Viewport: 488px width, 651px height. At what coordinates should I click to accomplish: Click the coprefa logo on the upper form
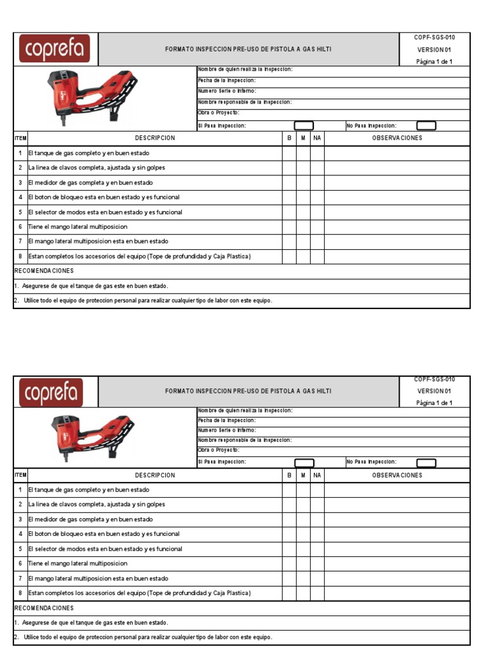(55, 49)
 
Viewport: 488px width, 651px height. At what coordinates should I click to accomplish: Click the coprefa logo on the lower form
(55, 392)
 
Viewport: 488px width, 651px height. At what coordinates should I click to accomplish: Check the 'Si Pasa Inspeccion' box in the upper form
(304, 126)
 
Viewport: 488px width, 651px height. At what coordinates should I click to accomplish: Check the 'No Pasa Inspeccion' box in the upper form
(426, 126)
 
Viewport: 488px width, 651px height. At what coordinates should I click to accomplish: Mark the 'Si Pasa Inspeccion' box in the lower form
(304, 463)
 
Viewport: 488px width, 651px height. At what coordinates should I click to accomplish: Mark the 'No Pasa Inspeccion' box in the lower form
(426, 463)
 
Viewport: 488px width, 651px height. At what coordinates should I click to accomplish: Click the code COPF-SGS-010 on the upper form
(434, 38)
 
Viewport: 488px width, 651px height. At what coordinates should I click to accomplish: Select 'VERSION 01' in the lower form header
(434, 391)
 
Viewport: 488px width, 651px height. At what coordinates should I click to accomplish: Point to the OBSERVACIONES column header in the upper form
(396, 138)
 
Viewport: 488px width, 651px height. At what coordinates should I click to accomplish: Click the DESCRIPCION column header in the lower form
(155, 475)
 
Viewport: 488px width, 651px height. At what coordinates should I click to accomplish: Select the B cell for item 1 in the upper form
(289, 153)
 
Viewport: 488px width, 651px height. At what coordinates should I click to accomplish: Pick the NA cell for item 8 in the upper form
(317, 256)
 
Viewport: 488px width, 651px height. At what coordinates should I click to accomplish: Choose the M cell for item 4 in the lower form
(303, 534)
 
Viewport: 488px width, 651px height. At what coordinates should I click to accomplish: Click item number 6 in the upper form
(20, 227)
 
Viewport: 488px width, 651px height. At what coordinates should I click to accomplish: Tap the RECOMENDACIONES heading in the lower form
(44, 608)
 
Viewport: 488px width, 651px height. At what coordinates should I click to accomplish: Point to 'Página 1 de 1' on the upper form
(434, 62)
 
